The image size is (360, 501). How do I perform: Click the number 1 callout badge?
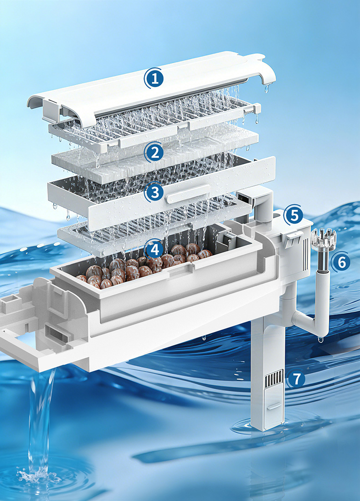(155, 78)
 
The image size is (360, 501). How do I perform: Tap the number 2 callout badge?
(155, 153)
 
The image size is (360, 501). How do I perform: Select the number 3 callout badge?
(155, 193)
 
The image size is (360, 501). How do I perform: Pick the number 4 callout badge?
(155, 249)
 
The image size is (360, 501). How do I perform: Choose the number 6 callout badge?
(341, 262)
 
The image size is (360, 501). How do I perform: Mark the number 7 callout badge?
(297, 379)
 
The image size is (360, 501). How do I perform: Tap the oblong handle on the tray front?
(188, 194)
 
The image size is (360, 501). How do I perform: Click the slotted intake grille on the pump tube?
(275, 377)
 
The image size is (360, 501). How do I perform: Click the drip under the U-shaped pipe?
(320, 339)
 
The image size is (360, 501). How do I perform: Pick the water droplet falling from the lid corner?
(267, 88)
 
